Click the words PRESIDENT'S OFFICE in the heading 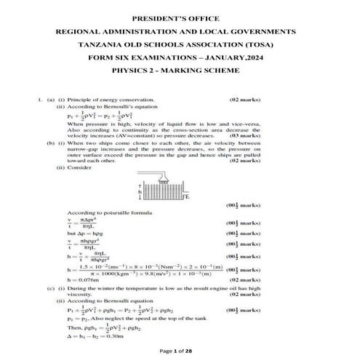pos(179,17)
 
